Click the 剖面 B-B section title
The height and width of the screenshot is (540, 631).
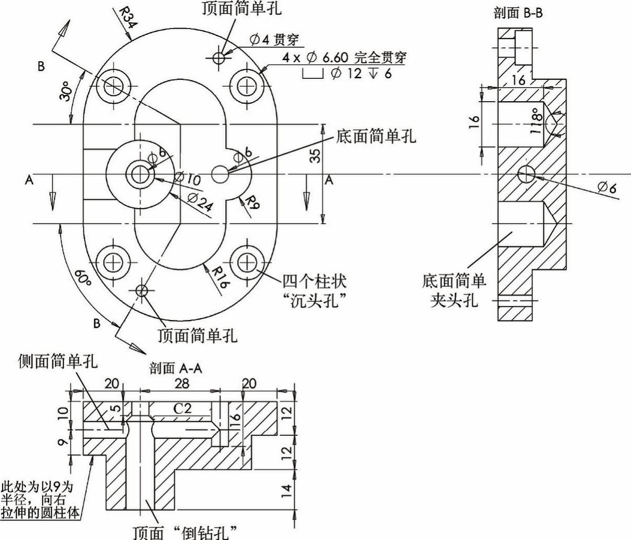pos(518,13)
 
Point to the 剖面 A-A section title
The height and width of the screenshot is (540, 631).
pos(175,368)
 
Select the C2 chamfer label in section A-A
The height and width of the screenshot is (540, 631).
pos(182,408)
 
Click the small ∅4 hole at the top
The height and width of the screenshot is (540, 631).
pos(219,57)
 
